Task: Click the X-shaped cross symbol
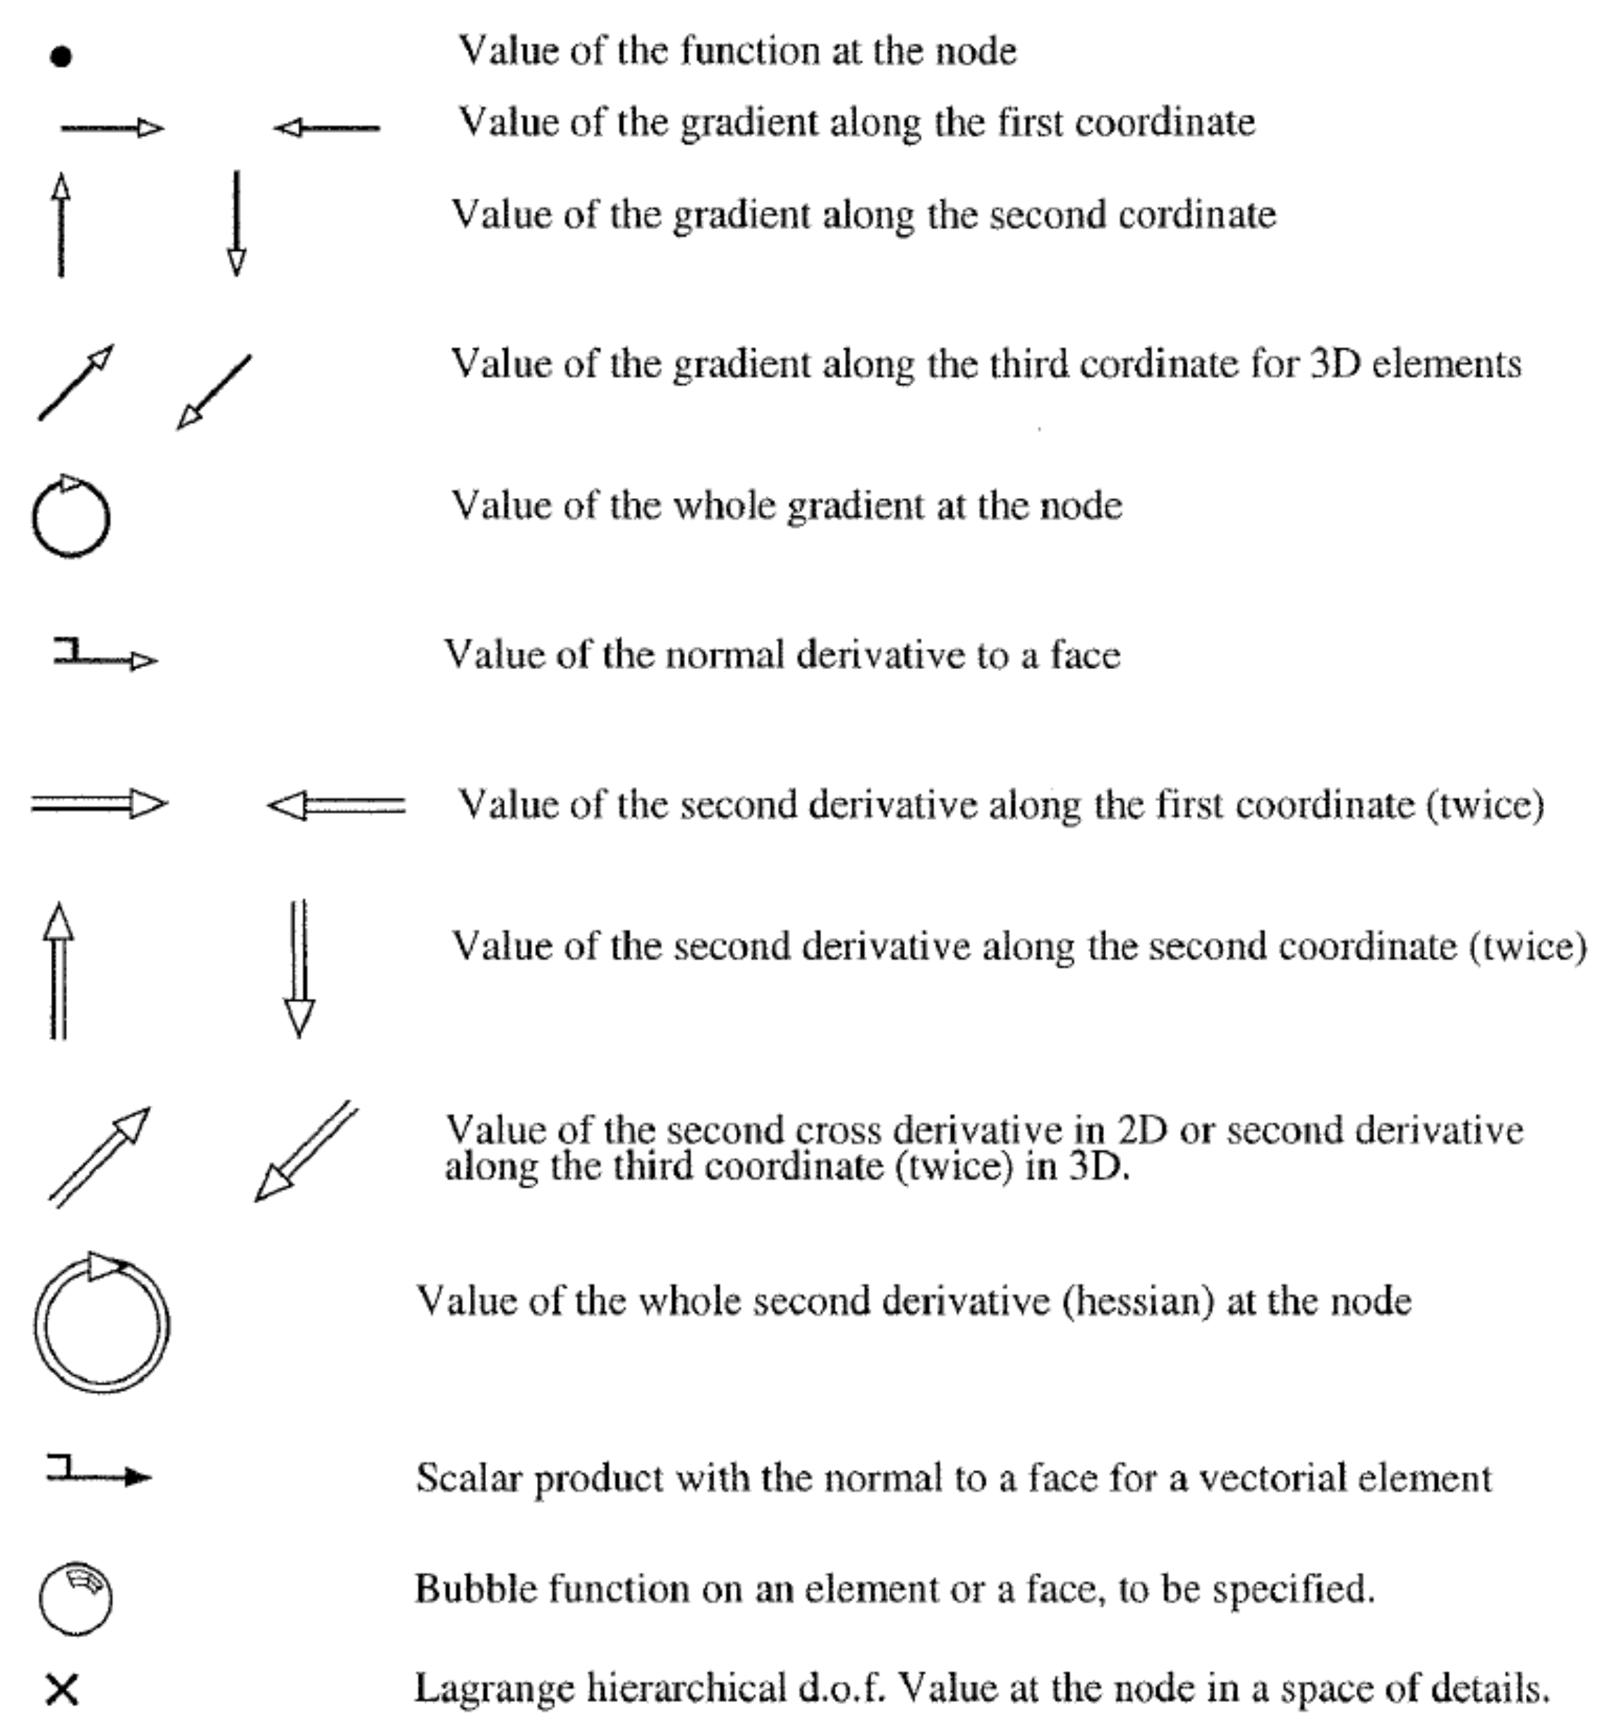pos(62,1690)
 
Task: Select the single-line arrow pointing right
pos(112,129)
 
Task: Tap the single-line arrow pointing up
pos(61,225)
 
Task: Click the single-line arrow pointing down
pos(237,225)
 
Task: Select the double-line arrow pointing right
pos(99,804)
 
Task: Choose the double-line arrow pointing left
pos(336,806)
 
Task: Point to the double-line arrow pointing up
pos(58,970)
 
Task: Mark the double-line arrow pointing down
pos(299,969)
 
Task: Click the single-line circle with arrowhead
pos(71,518)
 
